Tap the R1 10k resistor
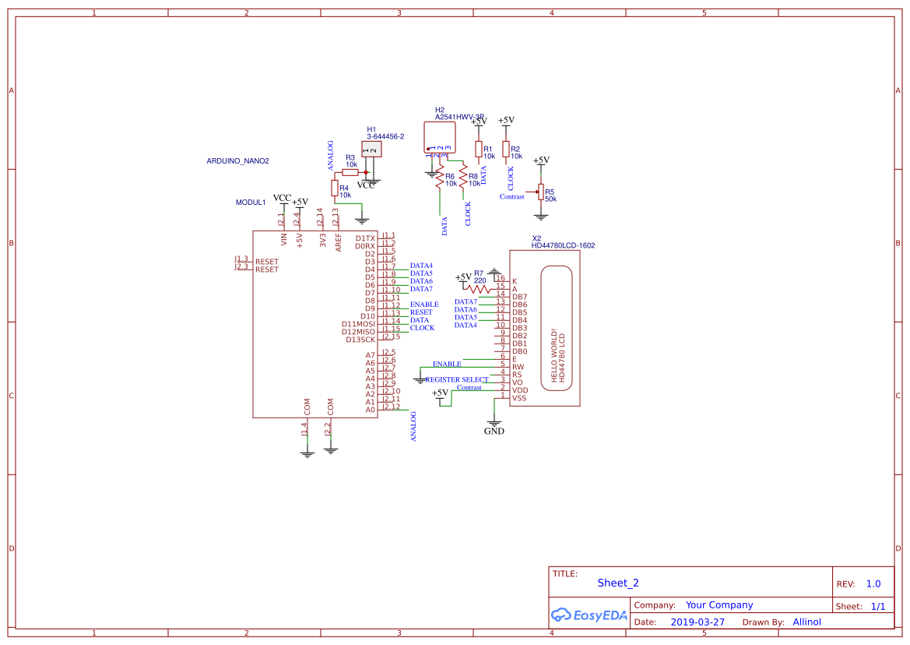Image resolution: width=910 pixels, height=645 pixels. pyautogui.click(x=478, y=149)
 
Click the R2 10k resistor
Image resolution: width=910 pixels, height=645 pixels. pyautogui.click(x=505, y=149)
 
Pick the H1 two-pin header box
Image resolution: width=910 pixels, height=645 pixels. pyautogui.click(x=371, y=150)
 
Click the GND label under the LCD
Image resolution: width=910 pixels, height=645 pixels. pyautogui.click(x=494, y=431)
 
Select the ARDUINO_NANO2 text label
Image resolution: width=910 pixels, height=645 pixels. pyautogui.click(x=237, y=161)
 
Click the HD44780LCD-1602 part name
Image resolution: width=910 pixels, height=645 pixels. pyautogui.click(x=563, y=245)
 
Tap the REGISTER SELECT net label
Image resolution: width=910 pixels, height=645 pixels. pyautogui.click(x=457, y=379)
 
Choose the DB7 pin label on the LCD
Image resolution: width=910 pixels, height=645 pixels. pyautogui.click(x=519, y=297)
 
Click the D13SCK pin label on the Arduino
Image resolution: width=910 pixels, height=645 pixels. pyautogui.click(x=360, y=340)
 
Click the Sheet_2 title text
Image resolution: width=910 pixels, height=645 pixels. pyautogui.click(x=618, y=583)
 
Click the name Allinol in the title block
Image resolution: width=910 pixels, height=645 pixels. pyautogui.click(x=806, y=622)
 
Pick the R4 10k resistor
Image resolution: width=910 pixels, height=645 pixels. pyautogui.click(x=334, y=189)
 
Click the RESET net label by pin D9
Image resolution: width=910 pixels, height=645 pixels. pyautogui.click(x=421, y=312)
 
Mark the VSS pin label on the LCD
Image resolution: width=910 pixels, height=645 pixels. pyautogui.click(x=519, y=398)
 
